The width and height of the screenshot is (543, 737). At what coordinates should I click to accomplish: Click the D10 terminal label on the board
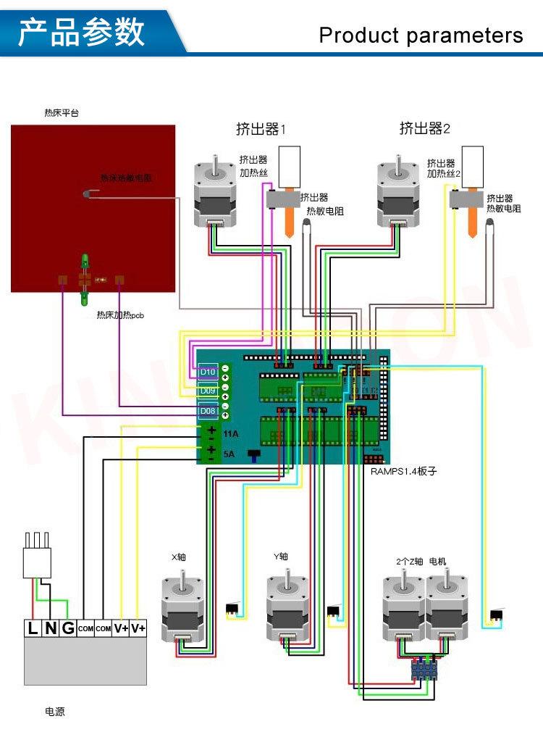208,372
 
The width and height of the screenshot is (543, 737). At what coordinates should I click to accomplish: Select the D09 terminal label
208,391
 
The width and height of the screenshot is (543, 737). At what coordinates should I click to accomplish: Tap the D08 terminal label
208,412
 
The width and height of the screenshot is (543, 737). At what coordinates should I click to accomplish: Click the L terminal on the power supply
33,628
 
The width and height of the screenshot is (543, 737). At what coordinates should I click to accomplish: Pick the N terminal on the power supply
50,628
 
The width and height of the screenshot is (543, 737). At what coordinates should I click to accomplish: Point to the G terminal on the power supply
68,628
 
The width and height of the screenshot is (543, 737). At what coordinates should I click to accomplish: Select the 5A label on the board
230,454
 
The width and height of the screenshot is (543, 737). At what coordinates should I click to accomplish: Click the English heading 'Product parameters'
421,35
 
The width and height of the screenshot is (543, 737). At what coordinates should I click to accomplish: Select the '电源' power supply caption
54,712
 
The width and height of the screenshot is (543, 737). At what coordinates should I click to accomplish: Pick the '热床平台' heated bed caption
61,113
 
